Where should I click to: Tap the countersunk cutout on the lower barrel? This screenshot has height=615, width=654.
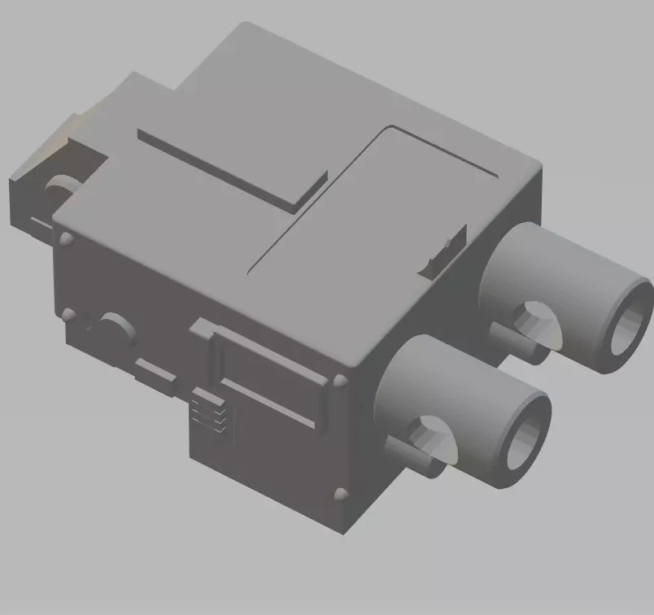tap(431, 434)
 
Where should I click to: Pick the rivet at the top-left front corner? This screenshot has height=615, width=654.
tap(66, 239)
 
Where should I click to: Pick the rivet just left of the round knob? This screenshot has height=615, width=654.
tap(70, 314)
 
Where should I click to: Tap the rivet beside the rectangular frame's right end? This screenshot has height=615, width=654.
tap(340, 381)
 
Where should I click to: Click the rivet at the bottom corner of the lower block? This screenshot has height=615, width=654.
tap(340, 494)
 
